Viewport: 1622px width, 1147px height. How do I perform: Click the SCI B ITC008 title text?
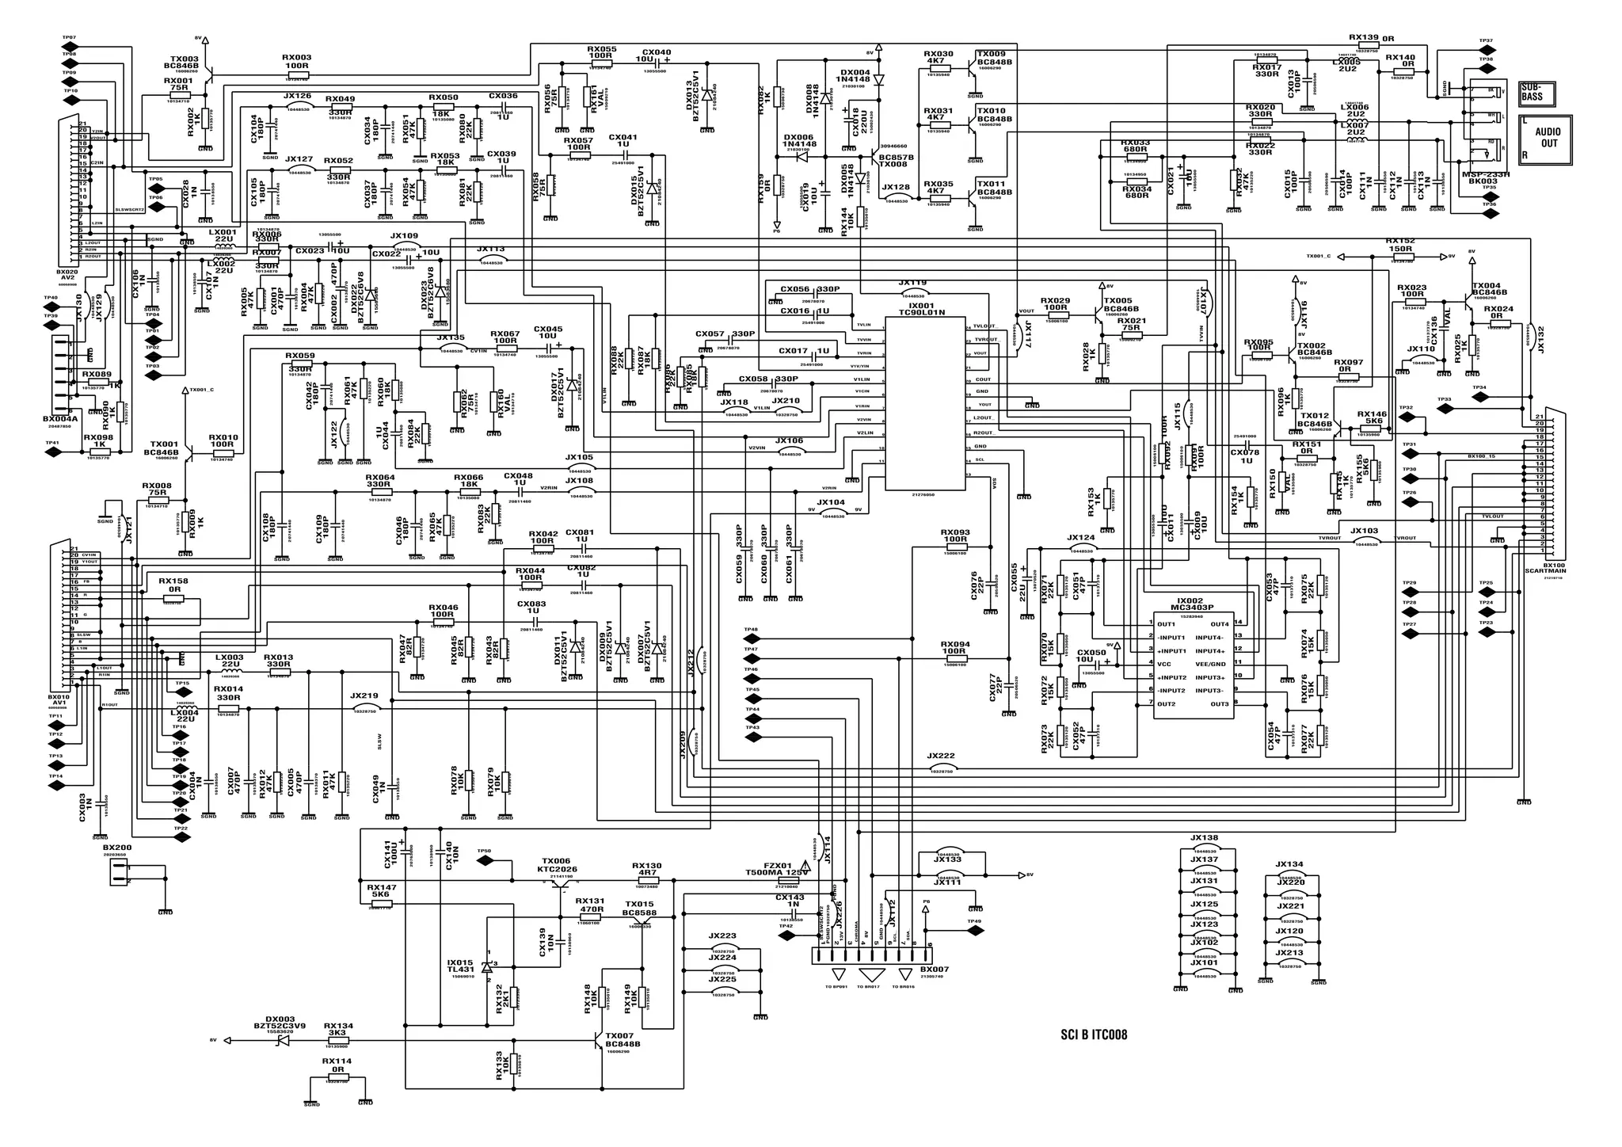point(1094,1035)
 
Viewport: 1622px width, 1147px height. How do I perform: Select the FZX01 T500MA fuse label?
point(778,869)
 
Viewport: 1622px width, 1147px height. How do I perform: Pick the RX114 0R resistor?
point(338,1078)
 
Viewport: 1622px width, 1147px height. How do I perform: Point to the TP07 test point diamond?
point(70,48)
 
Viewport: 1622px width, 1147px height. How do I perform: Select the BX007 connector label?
point(935,970)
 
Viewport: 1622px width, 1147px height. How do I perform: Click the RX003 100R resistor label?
point(297,62)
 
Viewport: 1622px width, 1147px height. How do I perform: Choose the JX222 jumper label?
point(941,756)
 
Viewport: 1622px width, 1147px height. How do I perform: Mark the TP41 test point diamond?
point(53,452)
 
